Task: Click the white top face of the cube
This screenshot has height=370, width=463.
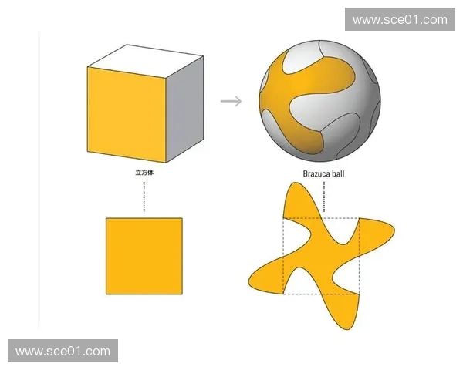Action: (x=145, y=61)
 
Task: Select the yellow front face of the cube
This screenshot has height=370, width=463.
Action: (x=127, y=115)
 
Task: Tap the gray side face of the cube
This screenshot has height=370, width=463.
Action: (x=184, y=109)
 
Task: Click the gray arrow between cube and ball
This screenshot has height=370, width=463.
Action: (x=231, y=101)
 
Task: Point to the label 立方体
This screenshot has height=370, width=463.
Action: (x=144, y=173)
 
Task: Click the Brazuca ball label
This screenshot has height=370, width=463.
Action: (x=323, y=173)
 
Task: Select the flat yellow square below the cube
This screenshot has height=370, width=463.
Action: (x=144, y=256)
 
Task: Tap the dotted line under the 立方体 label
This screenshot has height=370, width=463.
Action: (x=144, y=197)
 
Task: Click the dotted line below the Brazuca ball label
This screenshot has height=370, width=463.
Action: (x=324, y=197)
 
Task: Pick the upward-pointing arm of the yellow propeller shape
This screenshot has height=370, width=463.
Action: (x=298, y=200)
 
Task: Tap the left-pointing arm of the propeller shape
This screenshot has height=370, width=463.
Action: (x=265, y=279)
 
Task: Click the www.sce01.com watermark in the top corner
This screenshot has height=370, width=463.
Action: (x=400, y=19)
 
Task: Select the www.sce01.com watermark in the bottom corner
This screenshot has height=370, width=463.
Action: (x=63, y=351)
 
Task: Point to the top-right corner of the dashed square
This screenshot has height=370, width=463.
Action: (x=359, y=218)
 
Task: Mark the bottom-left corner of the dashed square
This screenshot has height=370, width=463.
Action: (x=283, y=294)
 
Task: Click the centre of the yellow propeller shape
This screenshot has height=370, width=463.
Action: (x=321, y=256)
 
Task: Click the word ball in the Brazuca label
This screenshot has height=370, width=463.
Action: (x=337, y=173)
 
